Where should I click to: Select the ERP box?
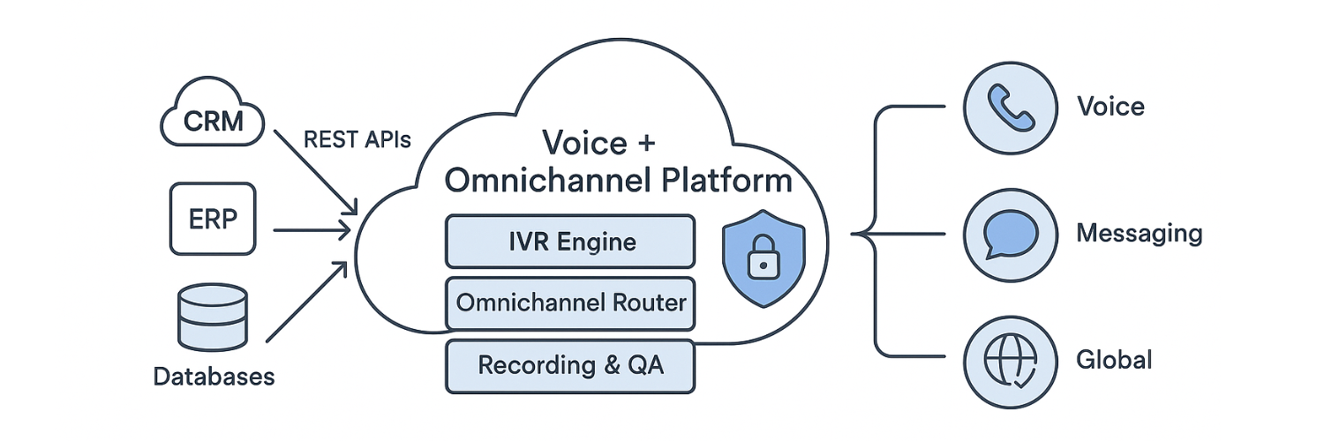212,219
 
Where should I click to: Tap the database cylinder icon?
213,318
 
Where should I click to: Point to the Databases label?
214,377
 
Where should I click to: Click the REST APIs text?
357,139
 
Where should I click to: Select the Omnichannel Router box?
570,303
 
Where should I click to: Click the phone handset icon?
1010,107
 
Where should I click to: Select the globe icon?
1010,360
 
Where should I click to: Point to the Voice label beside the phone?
1110,107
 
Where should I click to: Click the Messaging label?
1139,234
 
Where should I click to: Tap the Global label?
1114,360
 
